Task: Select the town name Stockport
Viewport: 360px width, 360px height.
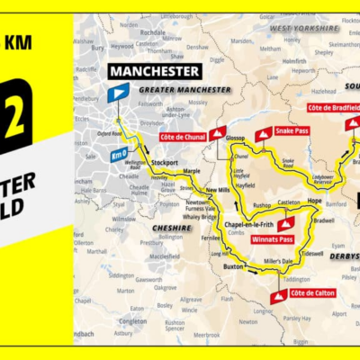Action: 165,163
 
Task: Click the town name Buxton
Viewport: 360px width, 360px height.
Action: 233,267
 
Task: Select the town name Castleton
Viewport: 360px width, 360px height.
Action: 288,203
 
